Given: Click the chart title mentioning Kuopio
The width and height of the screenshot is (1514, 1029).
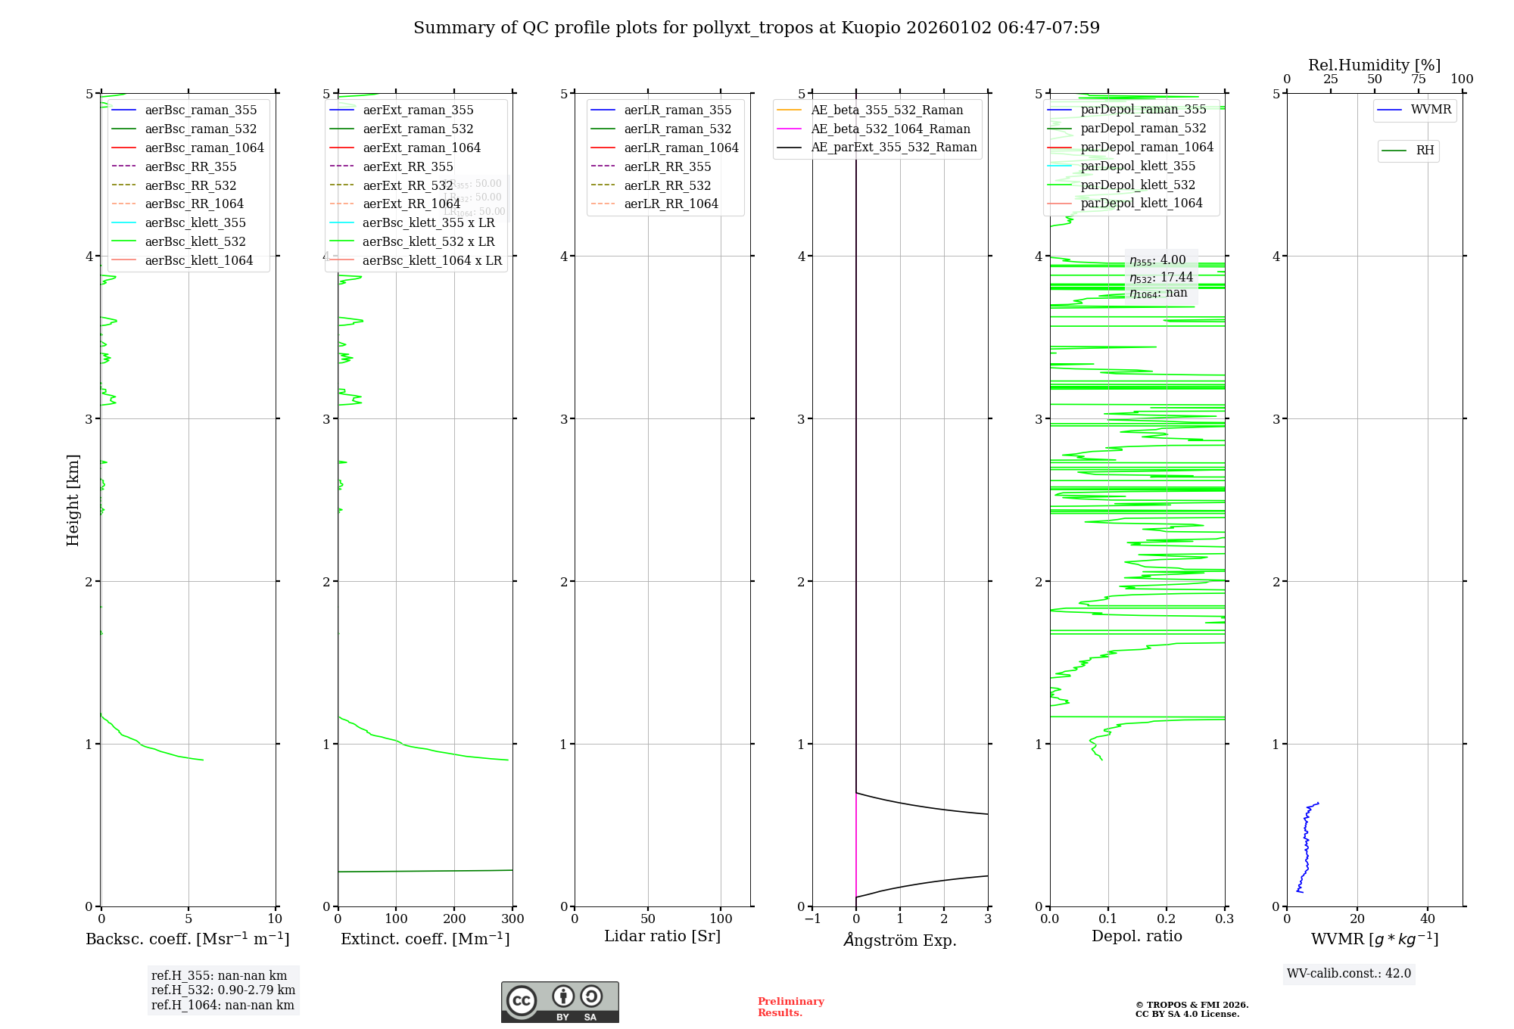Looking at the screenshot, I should click(756, 28).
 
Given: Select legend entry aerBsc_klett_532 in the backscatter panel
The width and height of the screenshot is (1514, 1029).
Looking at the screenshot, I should click(195, 241).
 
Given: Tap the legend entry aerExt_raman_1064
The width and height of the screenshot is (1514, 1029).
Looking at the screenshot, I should click(422, 148).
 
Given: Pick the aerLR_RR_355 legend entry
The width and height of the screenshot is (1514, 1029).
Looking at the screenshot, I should click(668, 166).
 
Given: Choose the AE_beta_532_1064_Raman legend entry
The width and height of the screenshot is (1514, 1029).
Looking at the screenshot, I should click(890, 129).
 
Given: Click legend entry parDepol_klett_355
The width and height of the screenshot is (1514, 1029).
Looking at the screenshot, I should click(1138, 166).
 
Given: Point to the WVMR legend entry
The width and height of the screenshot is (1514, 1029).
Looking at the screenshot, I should click(1431, 110).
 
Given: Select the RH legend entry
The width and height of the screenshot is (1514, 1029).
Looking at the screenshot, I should click(1425, 151).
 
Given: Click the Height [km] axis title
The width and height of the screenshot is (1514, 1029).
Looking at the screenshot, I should click(73, 499).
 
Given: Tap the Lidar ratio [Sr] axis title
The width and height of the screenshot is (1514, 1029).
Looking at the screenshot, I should click(662, 936).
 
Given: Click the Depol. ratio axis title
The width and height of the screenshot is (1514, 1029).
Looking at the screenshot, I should click(1136, 936).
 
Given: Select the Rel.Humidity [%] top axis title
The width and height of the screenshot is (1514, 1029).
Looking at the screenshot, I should click(1374, 65).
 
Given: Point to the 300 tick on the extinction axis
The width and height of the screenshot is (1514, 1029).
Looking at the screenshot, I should click(512, 919).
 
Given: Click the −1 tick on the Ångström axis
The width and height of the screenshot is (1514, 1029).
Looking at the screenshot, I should click(812, 919).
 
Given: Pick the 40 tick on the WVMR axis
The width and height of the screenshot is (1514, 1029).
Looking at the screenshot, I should click(1427, 919).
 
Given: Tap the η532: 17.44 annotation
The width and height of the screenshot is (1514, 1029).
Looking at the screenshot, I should click(1161, 277).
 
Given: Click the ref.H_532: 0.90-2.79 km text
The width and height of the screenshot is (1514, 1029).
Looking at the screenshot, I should click(223, 990).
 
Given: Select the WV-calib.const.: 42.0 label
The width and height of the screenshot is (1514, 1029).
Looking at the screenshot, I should click(1349, 973).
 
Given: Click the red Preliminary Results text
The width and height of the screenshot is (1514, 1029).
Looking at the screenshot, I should click(790, 1006).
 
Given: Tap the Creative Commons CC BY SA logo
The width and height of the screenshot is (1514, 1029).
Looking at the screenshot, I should click(559, 1002).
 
